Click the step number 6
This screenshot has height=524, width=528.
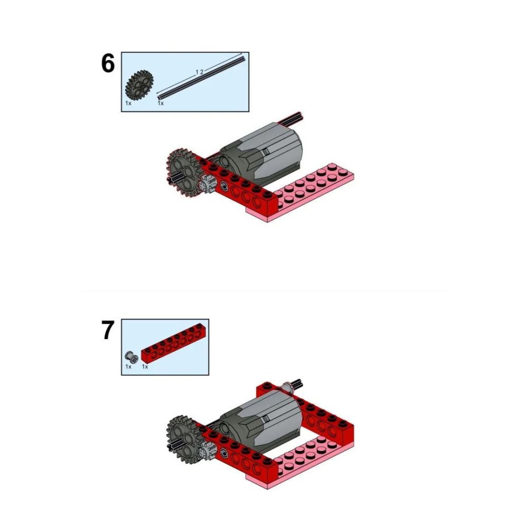coord(108,63)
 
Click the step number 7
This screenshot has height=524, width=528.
coord(108,330)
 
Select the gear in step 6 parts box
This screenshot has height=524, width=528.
coord(139,85)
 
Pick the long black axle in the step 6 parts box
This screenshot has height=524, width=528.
coord(201,78)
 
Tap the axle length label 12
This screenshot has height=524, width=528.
coord(200,72)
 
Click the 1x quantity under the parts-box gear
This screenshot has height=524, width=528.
coord(128,103)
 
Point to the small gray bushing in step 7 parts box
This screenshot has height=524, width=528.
coord(131,357)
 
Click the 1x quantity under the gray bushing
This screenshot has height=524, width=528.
coord(128,366)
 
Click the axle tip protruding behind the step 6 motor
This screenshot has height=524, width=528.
coord(294,117)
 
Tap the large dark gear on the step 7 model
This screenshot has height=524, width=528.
coord(183,439)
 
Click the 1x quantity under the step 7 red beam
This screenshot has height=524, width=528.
coord(145,366)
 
